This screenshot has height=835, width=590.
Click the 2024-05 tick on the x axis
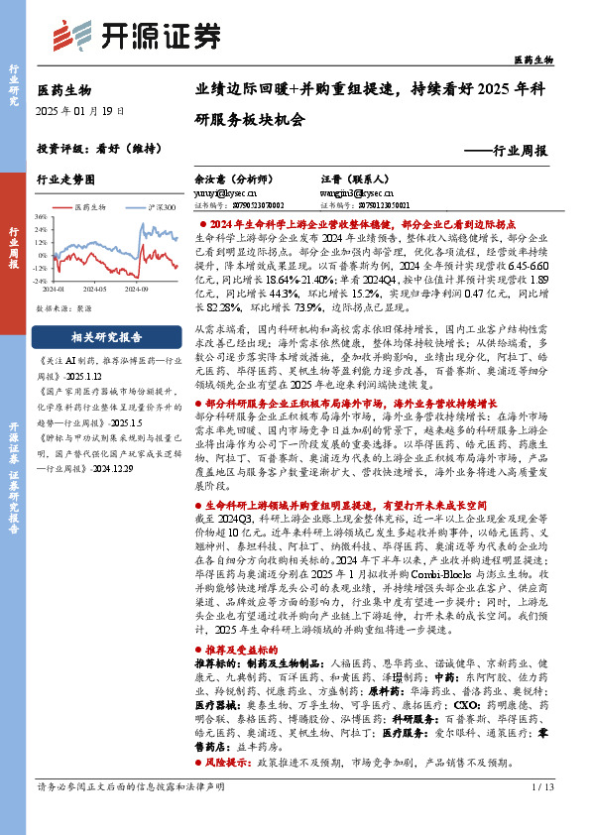point(95,289)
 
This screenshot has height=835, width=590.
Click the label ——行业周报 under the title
point(506,152)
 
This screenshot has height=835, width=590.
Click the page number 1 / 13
point(541,815)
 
